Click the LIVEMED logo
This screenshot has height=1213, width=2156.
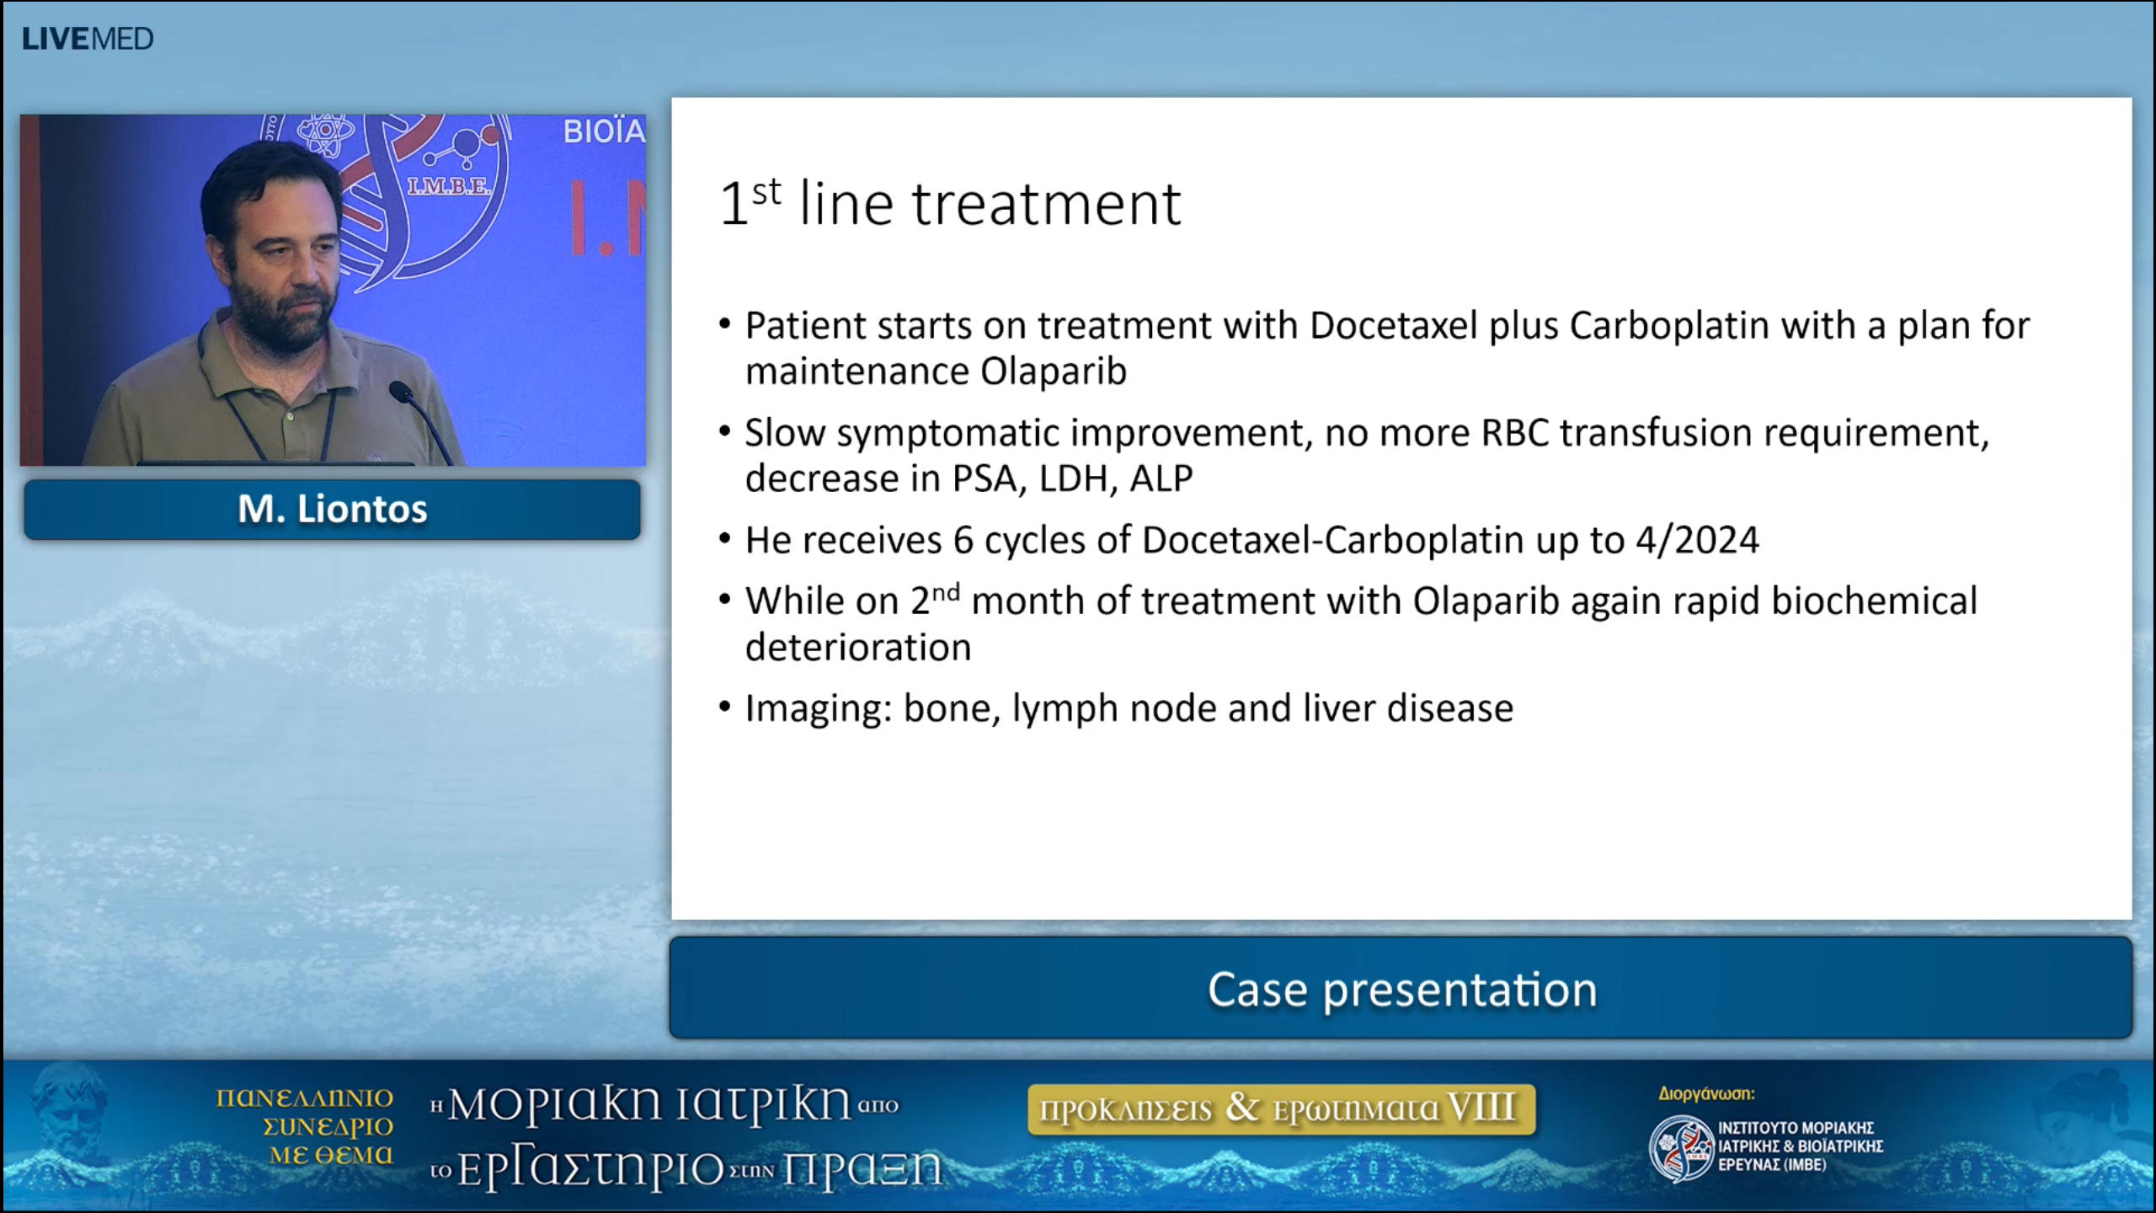pos(88,39)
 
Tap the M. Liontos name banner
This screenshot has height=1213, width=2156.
pos(332,509)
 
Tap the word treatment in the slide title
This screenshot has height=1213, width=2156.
pos(1046,204)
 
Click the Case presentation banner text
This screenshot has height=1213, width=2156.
pos(1401,989)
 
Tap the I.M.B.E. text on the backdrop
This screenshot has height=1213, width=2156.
pos(449,187)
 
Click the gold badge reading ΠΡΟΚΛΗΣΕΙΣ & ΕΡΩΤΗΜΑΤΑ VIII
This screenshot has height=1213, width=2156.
pos(1281,1109)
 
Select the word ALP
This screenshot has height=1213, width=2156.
pos(1161,478)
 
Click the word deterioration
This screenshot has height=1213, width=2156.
pos(857,648)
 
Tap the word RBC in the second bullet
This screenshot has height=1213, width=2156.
pos(1514,433)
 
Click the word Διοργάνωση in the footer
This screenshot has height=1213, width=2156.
pos(1706,1093)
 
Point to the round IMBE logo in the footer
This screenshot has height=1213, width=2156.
pos(1681,1147)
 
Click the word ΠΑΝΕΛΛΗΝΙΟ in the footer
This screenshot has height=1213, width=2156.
pos(304,1098)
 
